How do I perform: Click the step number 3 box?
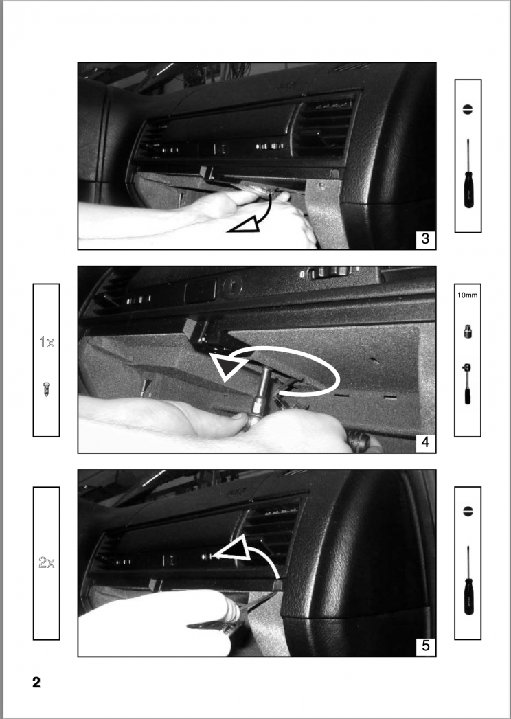click(x=425, y=239)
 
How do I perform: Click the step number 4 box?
click(x=425, y=443)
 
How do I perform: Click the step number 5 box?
click(x=425, y=646)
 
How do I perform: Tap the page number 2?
click(x=36, y=683)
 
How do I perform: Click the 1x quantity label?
click(x=47, y=342)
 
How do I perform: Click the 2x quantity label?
click(x=47, y=563)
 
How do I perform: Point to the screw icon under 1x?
click(x=47, y=389)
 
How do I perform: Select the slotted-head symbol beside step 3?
click(x=468, y=109)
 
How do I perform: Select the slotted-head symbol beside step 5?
click(x=468, y=512)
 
